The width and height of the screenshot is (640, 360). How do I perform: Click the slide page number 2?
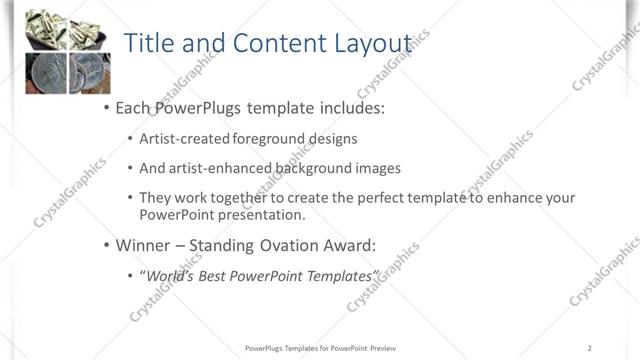pos(590,348)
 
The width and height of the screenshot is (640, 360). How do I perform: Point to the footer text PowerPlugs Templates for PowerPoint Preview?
pos(320,348)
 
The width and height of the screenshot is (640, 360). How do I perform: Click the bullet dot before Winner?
pos(106,245)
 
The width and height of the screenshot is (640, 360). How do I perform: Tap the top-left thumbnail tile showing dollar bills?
pos(45,28)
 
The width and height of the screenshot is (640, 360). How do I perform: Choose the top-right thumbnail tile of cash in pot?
pos(89,28)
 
